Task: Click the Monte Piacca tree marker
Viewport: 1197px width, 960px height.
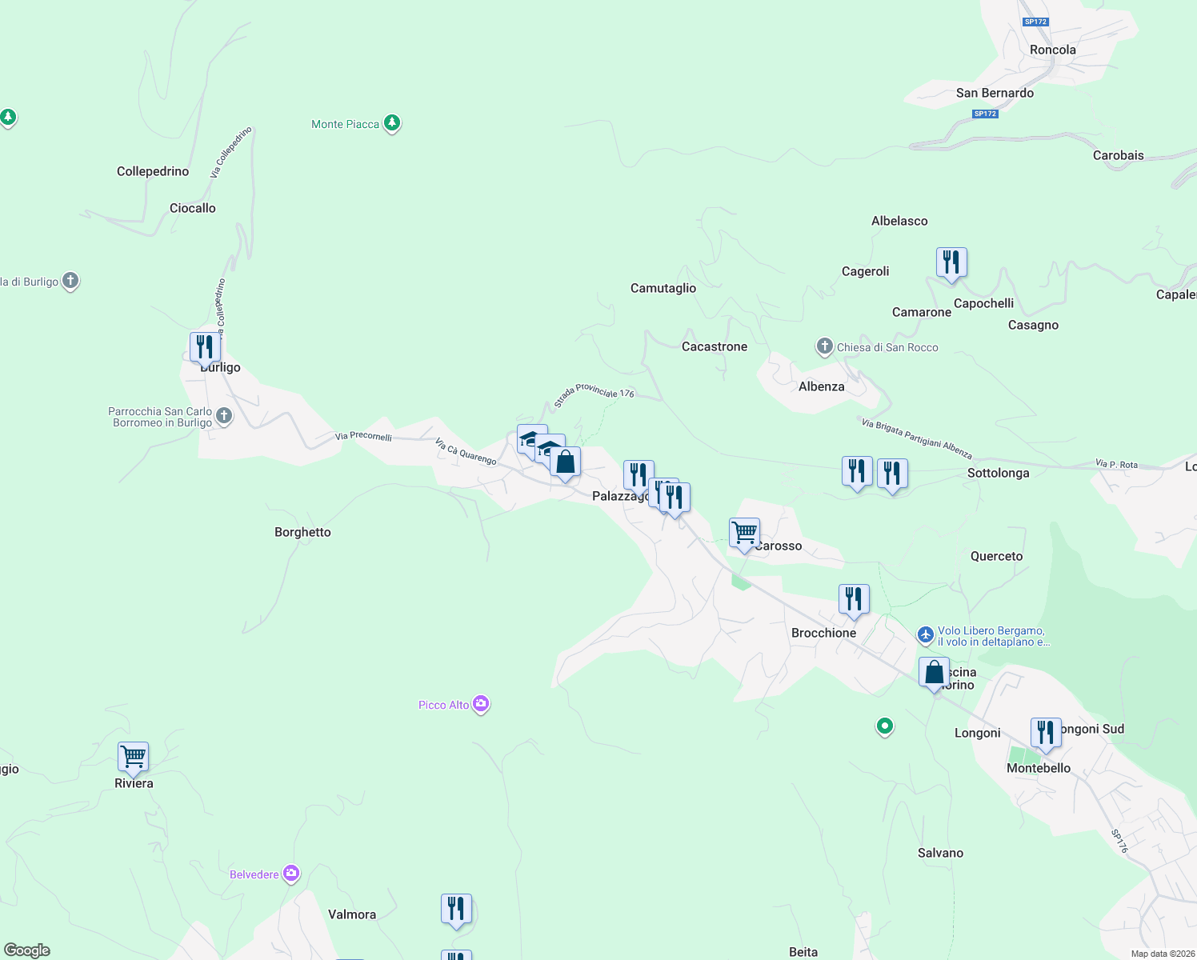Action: pos(391,123)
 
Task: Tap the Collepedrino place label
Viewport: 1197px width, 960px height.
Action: pos(153,171)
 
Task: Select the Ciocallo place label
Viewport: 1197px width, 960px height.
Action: pos(193,208)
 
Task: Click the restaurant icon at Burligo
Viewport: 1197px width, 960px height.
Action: pos(205,347)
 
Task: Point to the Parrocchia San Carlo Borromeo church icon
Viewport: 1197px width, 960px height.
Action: pos(224,416)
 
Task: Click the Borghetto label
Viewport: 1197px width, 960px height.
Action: pos(302,532)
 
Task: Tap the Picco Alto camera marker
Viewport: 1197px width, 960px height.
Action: pos(481,704)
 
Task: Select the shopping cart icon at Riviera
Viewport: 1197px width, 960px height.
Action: pos(133,756)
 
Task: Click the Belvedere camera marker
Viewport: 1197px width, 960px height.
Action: pos(291,874)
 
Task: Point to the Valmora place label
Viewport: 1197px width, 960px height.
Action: pos(352,914)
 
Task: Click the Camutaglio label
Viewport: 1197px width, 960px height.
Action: pos(663,288)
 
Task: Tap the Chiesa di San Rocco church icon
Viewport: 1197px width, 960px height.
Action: pos(825,346)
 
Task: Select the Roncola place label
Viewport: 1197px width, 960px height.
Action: pos(1053,50)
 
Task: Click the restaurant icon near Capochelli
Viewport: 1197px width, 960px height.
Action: pos(951,262)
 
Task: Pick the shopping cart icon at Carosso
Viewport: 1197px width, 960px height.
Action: pos(744,532)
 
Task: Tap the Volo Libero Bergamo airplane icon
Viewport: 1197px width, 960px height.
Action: pos(926,635)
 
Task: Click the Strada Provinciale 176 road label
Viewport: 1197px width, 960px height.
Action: pos(594,394)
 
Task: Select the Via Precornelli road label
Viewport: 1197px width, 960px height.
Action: pos(363,436)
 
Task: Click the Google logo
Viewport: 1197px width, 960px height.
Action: pos(27,950)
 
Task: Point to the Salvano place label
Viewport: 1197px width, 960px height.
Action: pos(940,853)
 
